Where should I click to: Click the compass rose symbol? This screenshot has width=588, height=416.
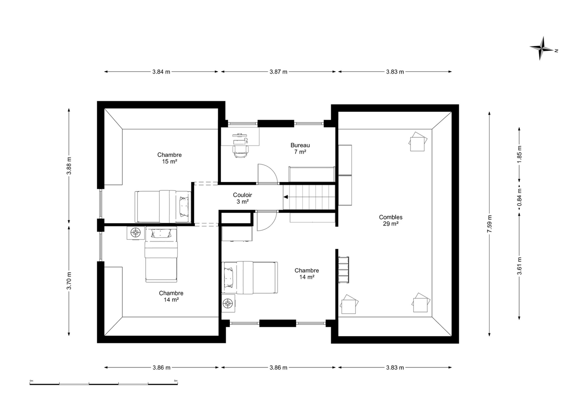point(542,48)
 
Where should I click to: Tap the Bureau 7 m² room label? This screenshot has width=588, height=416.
point(300,149)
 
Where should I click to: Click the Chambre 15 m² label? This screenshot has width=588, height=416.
point(169,158)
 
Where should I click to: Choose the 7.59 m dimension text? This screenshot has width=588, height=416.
point(489,224)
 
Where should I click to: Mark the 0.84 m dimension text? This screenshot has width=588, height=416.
point(519,197)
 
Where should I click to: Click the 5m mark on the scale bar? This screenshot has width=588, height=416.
point(176,381)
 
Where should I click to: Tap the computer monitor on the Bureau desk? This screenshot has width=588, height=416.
point(240,134)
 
